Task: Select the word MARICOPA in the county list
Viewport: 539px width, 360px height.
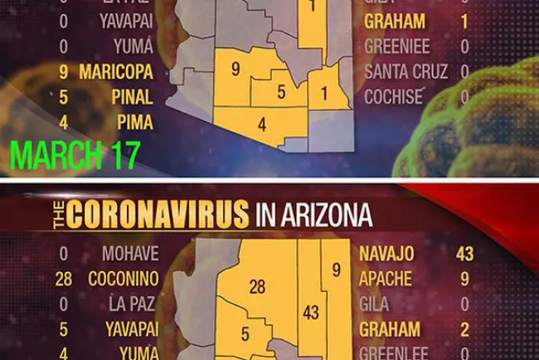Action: pos(116,71)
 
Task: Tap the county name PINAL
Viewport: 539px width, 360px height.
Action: pos(133,97)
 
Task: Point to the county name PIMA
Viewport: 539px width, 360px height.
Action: pos(135,123)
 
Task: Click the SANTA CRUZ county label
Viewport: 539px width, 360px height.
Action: pos(406,71)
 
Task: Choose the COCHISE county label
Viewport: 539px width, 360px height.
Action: pos(393,97)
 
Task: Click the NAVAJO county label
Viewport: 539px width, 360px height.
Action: pos(386,253)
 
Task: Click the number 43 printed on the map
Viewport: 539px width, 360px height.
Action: pos(312,314)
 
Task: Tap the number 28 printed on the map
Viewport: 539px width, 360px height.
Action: pos(257,287)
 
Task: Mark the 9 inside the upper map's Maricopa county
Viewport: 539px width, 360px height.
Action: pos(236,70)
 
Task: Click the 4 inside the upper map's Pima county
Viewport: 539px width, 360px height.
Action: pos(262,125)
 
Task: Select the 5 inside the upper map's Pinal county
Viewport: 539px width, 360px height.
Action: pos(281,92)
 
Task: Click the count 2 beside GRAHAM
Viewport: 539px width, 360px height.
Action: pos(464,329)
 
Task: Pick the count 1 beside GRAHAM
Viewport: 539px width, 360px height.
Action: pos(464,22)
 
